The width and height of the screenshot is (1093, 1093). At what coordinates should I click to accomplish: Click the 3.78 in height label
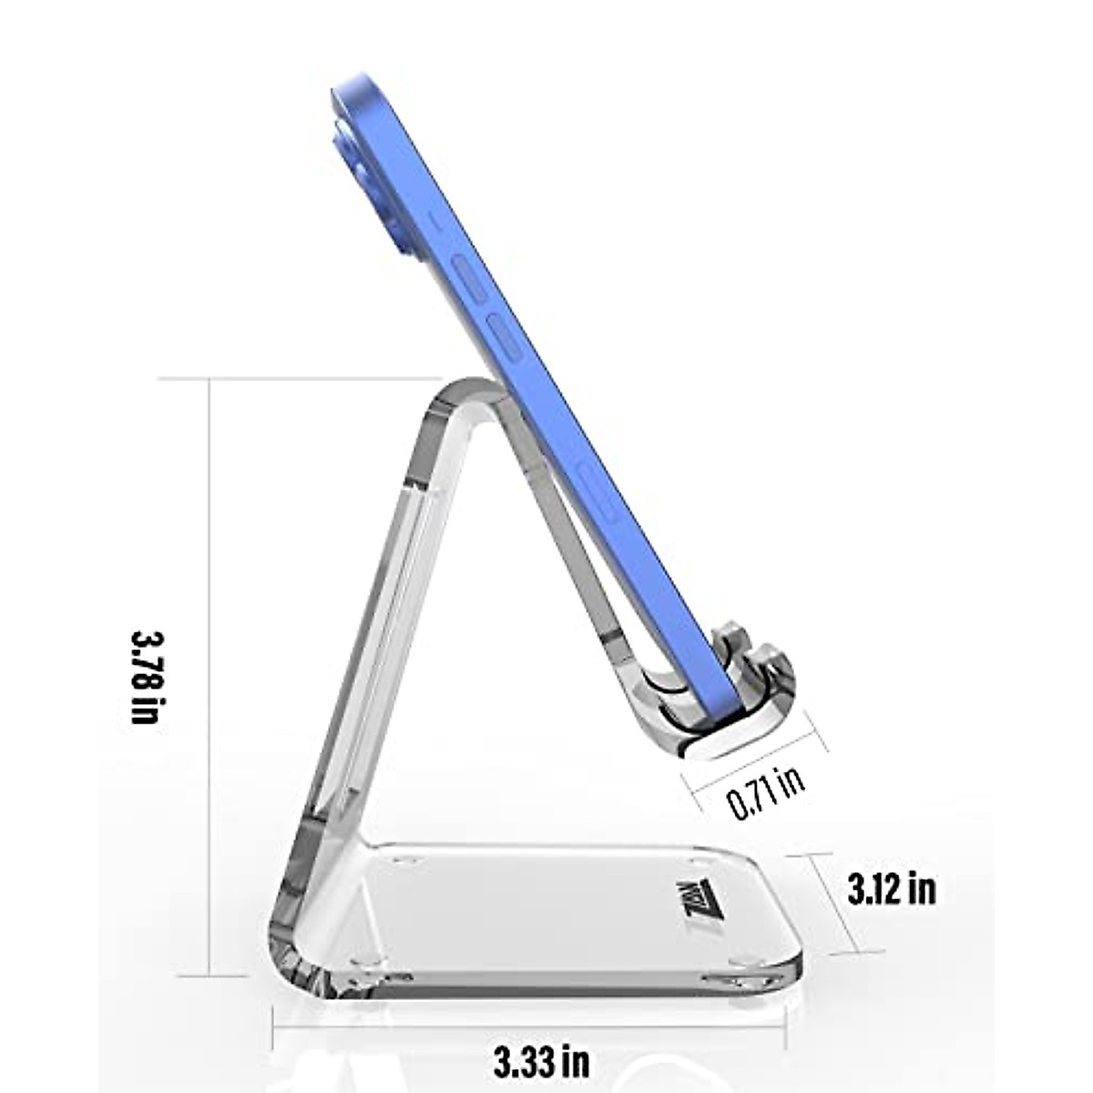tap(146, 675)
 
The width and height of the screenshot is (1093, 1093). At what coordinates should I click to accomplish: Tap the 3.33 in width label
tap(541, 1060)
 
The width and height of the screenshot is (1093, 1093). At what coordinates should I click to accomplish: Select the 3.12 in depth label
tap(892, 889)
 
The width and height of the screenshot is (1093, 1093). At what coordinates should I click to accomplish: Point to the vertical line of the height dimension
tap(209, 675)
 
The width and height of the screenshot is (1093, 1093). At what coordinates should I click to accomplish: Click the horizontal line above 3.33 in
tap(528, 1026)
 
